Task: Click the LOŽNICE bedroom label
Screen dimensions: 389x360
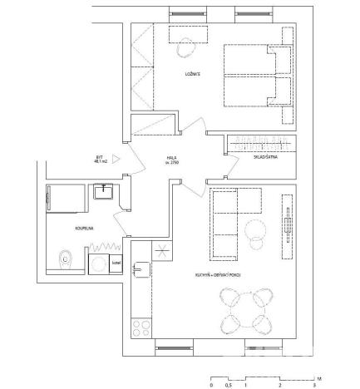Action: tap(193, 75)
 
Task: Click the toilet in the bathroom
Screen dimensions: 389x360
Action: tap(65, 261)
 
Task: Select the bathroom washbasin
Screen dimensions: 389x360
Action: tap(104, 192)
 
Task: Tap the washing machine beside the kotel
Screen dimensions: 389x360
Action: tap(96, 263)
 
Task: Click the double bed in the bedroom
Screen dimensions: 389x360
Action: tap(258, 76)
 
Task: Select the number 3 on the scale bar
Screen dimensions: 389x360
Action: tap(314, 385)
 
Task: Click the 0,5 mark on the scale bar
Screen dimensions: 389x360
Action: tap(228, 385)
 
